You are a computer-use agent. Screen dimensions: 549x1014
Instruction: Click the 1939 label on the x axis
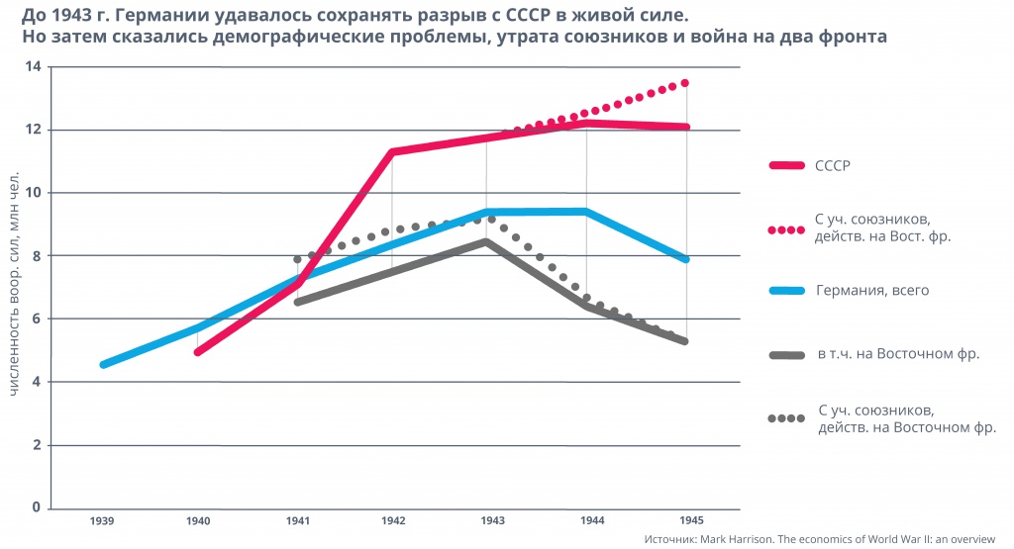coord(100,520)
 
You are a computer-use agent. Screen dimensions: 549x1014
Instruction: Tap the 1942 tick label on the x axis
coord(392,520)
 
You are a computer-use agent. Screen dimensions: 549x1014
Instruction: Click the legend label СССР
coord(833,165)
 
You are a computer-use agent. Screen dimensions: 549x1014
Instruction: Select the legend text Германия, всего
coord(871,291)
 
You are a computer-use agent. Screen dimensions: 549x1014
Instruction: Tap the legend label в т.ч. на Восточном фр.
coord(897,353)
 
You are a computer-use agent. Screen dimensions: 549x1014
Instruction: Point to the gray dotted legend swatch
coord(786,418)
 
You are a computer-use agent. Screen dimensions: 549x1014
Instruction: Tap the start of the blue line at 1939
coord(103,365)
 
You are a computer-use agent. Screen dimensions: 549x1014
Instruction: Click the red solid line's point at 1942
coord(392,151)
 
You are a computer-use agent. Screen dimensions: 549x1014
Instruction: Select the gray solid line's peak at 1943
coord(486,240)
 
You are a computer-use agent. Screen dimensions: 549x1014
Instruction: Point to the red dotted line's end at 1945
coord(685,83)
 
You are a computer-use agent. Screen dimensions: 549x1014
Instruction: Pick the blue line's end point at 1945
coord(685,259)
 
